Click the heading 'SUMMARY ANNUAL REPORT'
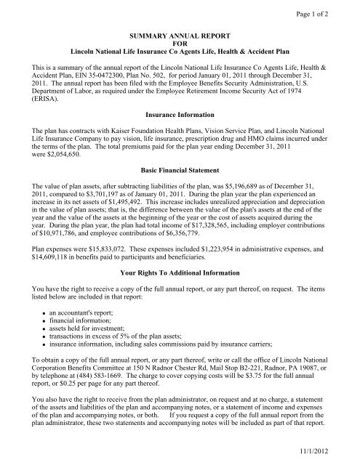pos(180,35)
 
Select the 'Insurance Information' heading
pos(180,116)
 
